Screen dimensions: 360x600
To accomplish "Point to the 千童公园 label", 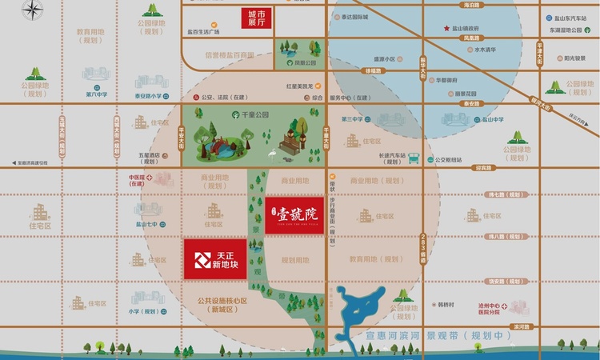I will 253,114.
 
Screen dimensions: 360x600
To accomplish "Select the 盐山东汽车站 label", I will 564,17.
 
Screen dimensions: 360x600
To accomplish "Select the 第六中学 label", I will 97,94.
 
